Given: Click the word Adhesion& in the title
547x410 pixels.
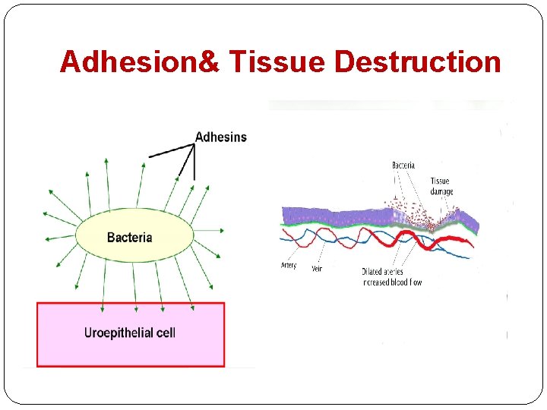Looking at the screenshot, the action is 138,61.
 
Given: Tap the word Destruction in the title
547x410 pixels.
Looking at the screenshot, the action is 417,61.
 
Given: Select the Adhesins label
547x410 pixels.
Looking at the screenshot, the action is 220,137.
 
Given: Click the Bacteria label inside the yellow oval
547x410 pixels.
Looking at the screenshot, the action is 129,238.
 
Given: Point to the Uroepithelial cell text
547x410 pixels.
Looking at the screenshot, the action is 130,333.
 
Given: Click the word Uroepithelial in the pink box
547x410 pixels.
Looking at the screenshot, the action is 119,333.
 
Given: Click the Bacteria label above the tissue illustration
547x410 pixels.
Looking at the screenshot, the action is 403,166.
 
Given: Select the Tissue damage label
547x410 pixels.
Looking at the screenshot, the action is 440,186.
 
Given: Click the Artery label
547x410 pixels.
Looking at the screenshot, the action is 289,266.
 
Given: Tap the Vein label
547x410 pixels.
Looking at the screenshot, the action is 317,268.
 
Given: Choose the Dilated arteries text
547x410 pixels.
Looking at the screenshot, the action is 382,272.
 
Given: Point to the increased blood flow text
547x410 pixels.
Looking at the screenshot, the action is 391,282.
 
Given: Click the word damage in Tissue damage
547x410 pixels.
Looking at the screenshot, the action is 441,191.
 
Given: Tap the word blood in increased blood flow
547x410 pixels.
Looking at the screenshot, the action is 399,282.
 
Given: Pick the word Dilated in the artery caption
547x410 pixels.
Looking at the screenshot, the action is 372,272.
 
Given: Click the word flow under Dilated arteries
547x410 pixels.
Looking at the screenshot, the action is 416,282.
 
